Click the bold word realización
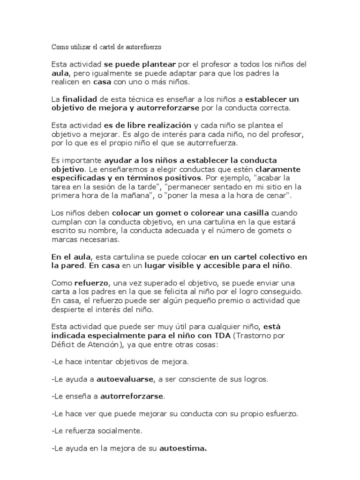[169, 125]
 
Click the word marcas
[65, 239]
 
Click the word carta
[60, 291]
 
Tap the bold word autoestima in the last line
[183, 449]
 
